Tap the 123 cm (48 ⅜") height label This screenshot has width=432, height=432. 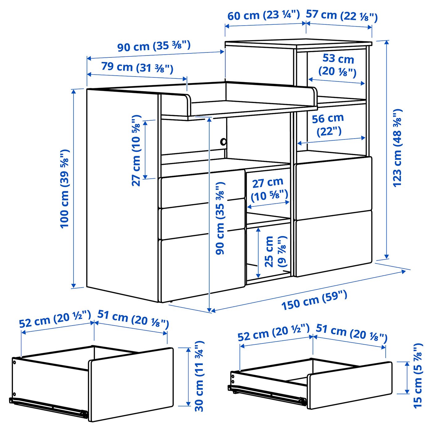[398, 148]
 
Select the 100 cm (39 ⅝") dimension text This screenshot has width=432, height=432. [65, 189]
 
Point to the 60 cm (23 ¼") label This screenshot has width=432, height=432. [264, 15]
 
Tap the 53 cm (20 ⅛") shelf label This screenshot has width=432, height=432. [338, 65]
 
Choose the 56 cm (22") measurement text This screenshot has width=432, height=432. [328, 124]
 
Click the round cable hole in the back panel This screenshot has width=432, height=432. [223, 142]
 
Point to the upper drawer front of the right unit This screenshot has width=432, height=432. [333, 185]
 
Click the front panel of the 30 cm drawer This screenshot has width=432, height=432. [131, 384]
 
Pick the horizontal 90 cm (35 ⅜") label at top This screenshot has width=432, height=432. [154, 46]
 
